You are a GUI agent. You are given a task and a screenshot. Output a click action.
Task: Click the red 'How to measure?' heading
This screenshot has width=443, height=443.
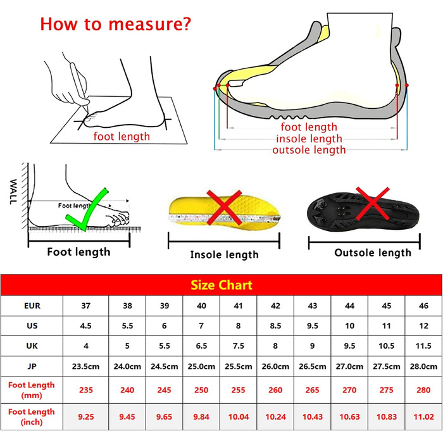click(116, 24)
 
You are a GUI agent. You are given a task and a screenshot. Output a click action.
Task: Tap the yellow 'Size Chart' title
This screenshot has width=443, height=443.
click(221, 285)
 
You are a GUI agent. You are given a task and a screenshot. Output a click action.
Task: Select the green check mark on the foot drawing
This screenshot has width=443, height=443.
click(86, 209)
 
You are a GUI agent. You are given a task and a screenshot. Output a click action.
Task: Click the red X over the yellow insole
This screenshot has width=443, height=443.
click(224, 208)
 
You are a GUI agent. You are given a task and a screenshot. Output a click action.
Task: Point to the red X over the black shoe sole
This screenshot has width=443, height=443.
click(372, 203)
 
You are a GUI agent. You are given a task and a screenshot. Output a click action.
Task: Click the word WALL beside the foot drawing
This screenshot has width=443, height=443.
click(13, 192)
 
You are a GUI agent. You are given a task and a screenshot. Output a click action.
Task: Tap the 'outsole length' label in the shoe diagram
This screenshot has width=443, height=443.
click(309, 150)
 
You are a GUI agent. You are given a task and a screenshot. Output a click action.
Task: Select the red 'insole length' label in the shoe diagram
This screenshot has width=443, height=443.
click(309, 139)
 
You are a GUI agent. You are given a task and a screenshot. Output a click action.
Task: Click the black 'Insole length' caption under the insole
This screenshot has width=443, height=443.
click(224, 254)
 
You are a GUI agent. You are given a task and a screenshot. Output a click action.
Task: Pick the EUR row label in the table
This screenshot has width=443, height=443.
click(32, 306)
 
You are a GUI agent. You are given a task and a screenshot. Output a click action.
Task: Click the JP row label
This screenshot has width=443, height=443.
click(32, 366)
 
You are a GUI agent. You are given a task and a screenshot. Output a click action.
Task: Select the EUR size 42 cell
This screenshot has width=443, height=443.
click(275, 306)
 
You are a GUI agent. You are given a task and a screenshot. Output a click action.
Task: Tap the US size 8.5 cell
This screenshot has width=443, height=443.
click(275, 326)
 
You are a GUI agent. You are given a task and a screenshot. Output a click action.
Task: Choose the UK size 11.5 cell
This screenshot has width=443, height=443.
click(423, 346)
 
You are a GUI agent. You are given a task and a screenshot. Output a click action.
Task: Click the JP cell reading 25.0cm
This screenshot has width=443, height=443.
click(201, 366)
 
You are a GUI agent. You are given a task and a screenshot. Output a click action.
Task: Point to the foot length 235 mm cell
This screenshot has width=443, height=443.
click(86, 390)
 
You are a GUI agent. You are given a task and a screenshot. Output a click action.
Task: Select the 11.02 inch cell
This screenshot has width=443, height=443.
click(423, 416)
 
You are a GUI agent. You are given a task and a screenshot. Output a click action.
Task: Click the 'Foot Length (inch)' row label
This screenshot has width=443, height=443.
click(32, 416)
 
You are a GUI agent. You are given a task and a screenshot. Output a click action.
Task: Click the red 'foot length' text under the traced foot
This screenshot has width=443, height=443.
click(122, 137)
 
